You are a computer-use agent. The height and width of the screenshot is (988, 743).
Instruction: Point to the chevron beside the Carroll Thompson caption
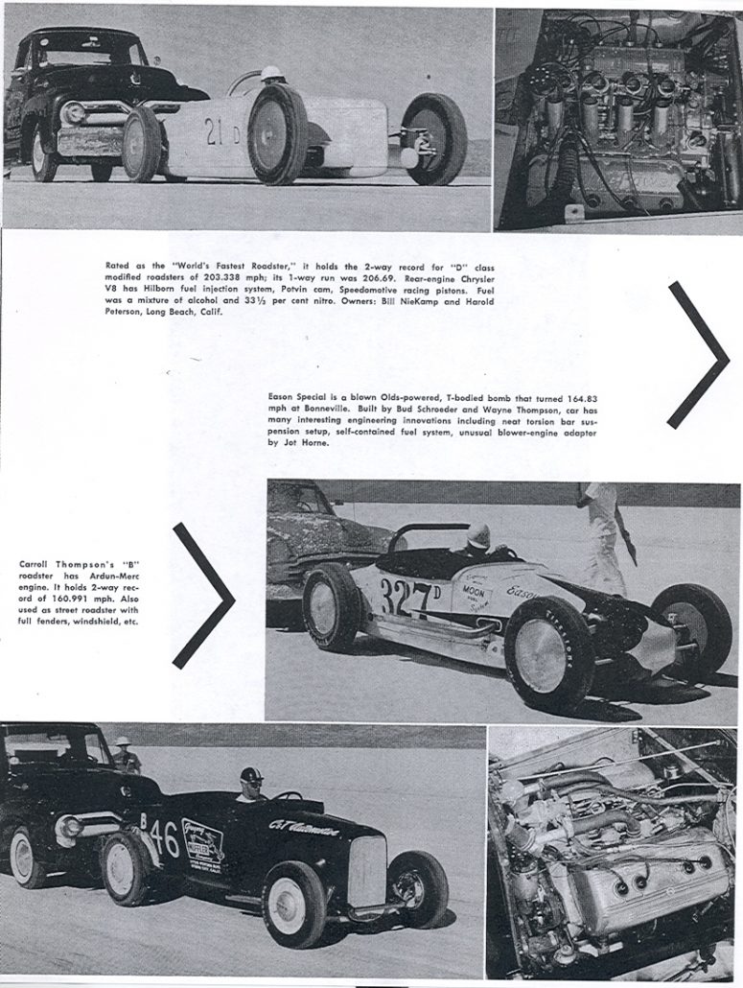(204, 595)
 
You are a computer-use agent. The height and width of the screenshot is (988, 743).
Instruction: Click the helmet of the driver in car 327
(477, 535)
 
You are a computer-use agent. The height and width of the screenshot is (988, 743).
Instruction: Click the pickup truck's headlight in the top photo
(73, 112)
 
